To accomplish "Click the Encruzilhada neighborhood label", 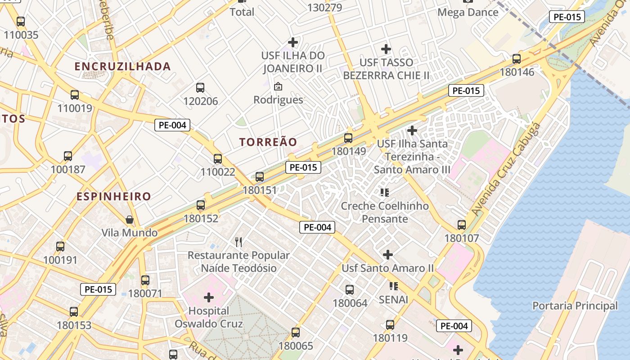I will tap(122, 67).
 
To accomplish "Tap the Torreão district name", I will tap(268, 142).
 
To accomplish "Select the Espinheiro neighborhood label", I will tap(113, 197).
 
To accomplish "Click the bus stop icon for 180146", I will tap(517, 59).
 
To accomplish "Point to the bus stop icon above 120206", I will tap(200, 88).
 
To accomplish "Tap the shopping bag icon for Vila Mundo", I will tap(130, 220).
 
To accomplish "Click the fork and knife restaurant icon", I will tap(239, 242).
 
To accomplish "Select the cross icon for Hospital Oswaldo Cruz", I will tap(209, 297).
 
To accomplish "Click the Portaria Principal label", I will tap(575, 306).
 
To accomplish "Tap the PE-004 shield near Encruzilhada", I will tap(172, 125).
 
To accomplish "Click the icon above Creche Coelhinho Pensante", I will tap(385, 193).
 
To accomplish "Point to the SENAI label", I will tap(393, 299).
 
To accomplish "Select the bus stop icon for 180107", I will tap(462, 225).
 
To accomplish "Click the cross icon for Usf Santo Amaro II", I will tap(388, 255).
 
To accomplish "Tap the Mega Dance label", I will tap(468, 12).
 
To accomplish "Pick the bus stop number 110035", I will tap(21, 35).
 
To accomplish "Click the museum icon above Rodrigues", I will tap(278, 86).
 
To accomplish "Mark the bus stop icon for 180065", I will tap(296, 333).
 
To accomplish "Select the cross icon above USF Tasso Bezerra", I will tap(386, 49).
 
